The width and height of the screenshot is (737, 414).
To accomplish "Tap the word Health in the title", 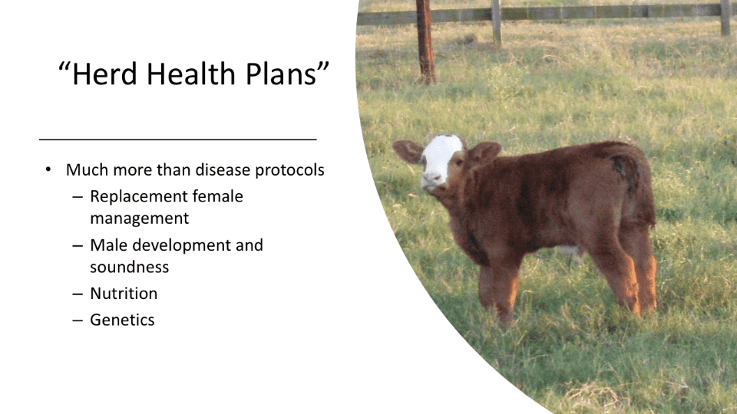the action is tap(191, 74).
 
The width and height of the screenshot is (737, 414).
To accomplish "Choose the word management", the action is tap(139, 219).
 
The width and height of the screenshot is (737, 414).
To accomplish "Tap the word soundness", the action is tap(129, 267).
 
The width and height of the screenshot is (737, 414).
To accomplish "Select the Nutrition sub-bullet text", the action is tap(124, 294).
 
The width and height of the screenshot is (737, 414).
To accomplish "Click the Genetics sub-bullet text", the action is tap(122, 320).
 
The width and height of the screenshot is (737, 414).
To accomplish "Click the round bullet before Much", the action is tap(48, 169).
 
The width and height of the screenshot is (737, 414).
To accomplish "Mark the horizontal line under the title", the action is tap(177, 140).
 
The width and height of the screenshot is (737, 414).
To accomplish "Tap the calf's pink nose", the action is tap(431, 179).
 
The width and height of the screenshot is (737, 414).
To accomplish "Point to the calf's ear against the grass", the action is tap(407, 151).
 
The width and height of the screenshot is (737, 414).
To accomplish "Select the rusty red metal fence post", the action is tap(425, 41).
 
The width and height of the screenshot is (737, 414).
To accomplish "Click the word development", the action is tap(186, 246).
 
